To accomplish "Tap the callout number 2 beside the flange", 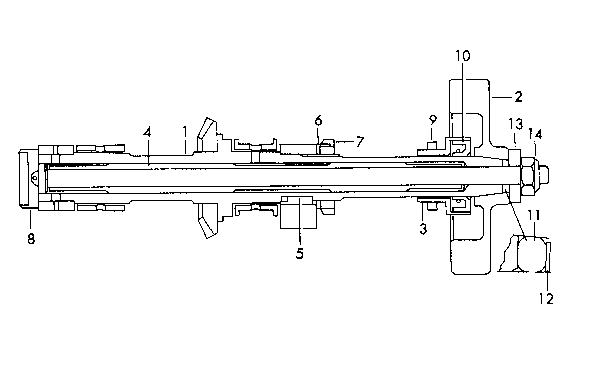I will pyautogui.click(x=518, y=97).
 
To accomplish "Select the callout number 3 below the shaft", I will pyautogui.click(x=423, y=229).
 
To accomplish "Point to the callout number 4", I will pyautogui.click(x=147, y=132).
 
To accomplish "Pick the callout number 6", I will pyautogui.click(x=318, y=121).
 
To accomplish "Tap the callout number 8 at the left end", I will pyautogui.click(x=31, y=238).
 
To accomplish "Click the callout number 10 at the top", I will pyautogui.click(x=462, y=56).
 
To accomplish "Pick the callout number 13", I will pyautogui.click(x=515, y=124).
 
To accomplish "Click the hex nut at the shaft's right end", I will pyautogui.click(x=528, y=177).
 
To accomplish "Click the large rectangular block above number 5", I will pyautogui.click(x=298, y=213).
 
